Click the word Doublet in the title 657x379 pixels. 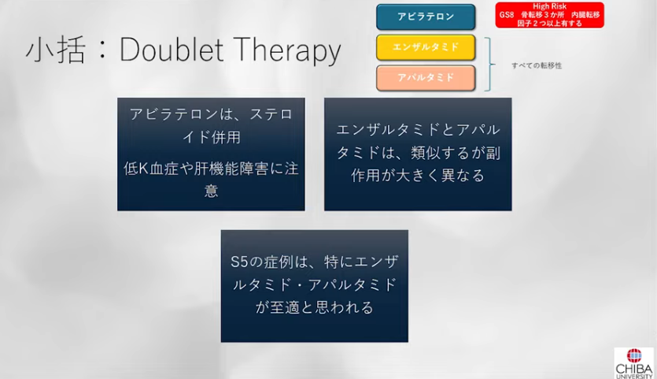[172, 50]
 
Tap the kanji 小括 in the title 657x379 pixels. [56, 50]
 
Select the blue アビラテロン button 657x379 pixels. [426, 17]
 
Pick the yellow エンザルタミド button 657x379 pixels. [426, 47]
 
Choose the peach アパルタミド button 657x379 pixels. [426, 78]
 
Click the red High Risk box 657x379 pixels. [549, 15]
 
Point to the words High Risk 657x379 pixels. [549, 6]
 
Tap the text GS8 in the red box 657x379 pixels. [507, 15]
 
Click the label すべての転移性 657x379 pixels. [537, 65]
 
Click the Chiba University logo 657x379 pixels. [635, 363]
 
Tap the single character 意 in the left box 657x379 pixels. [211, 191]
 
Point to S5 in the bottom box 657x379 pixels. [240, 262]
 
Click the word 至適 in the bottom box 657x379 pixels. [285, 307]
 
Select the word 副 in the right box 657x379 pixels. [493, 153]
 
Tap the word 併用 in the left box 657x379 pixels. [227, 137]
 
